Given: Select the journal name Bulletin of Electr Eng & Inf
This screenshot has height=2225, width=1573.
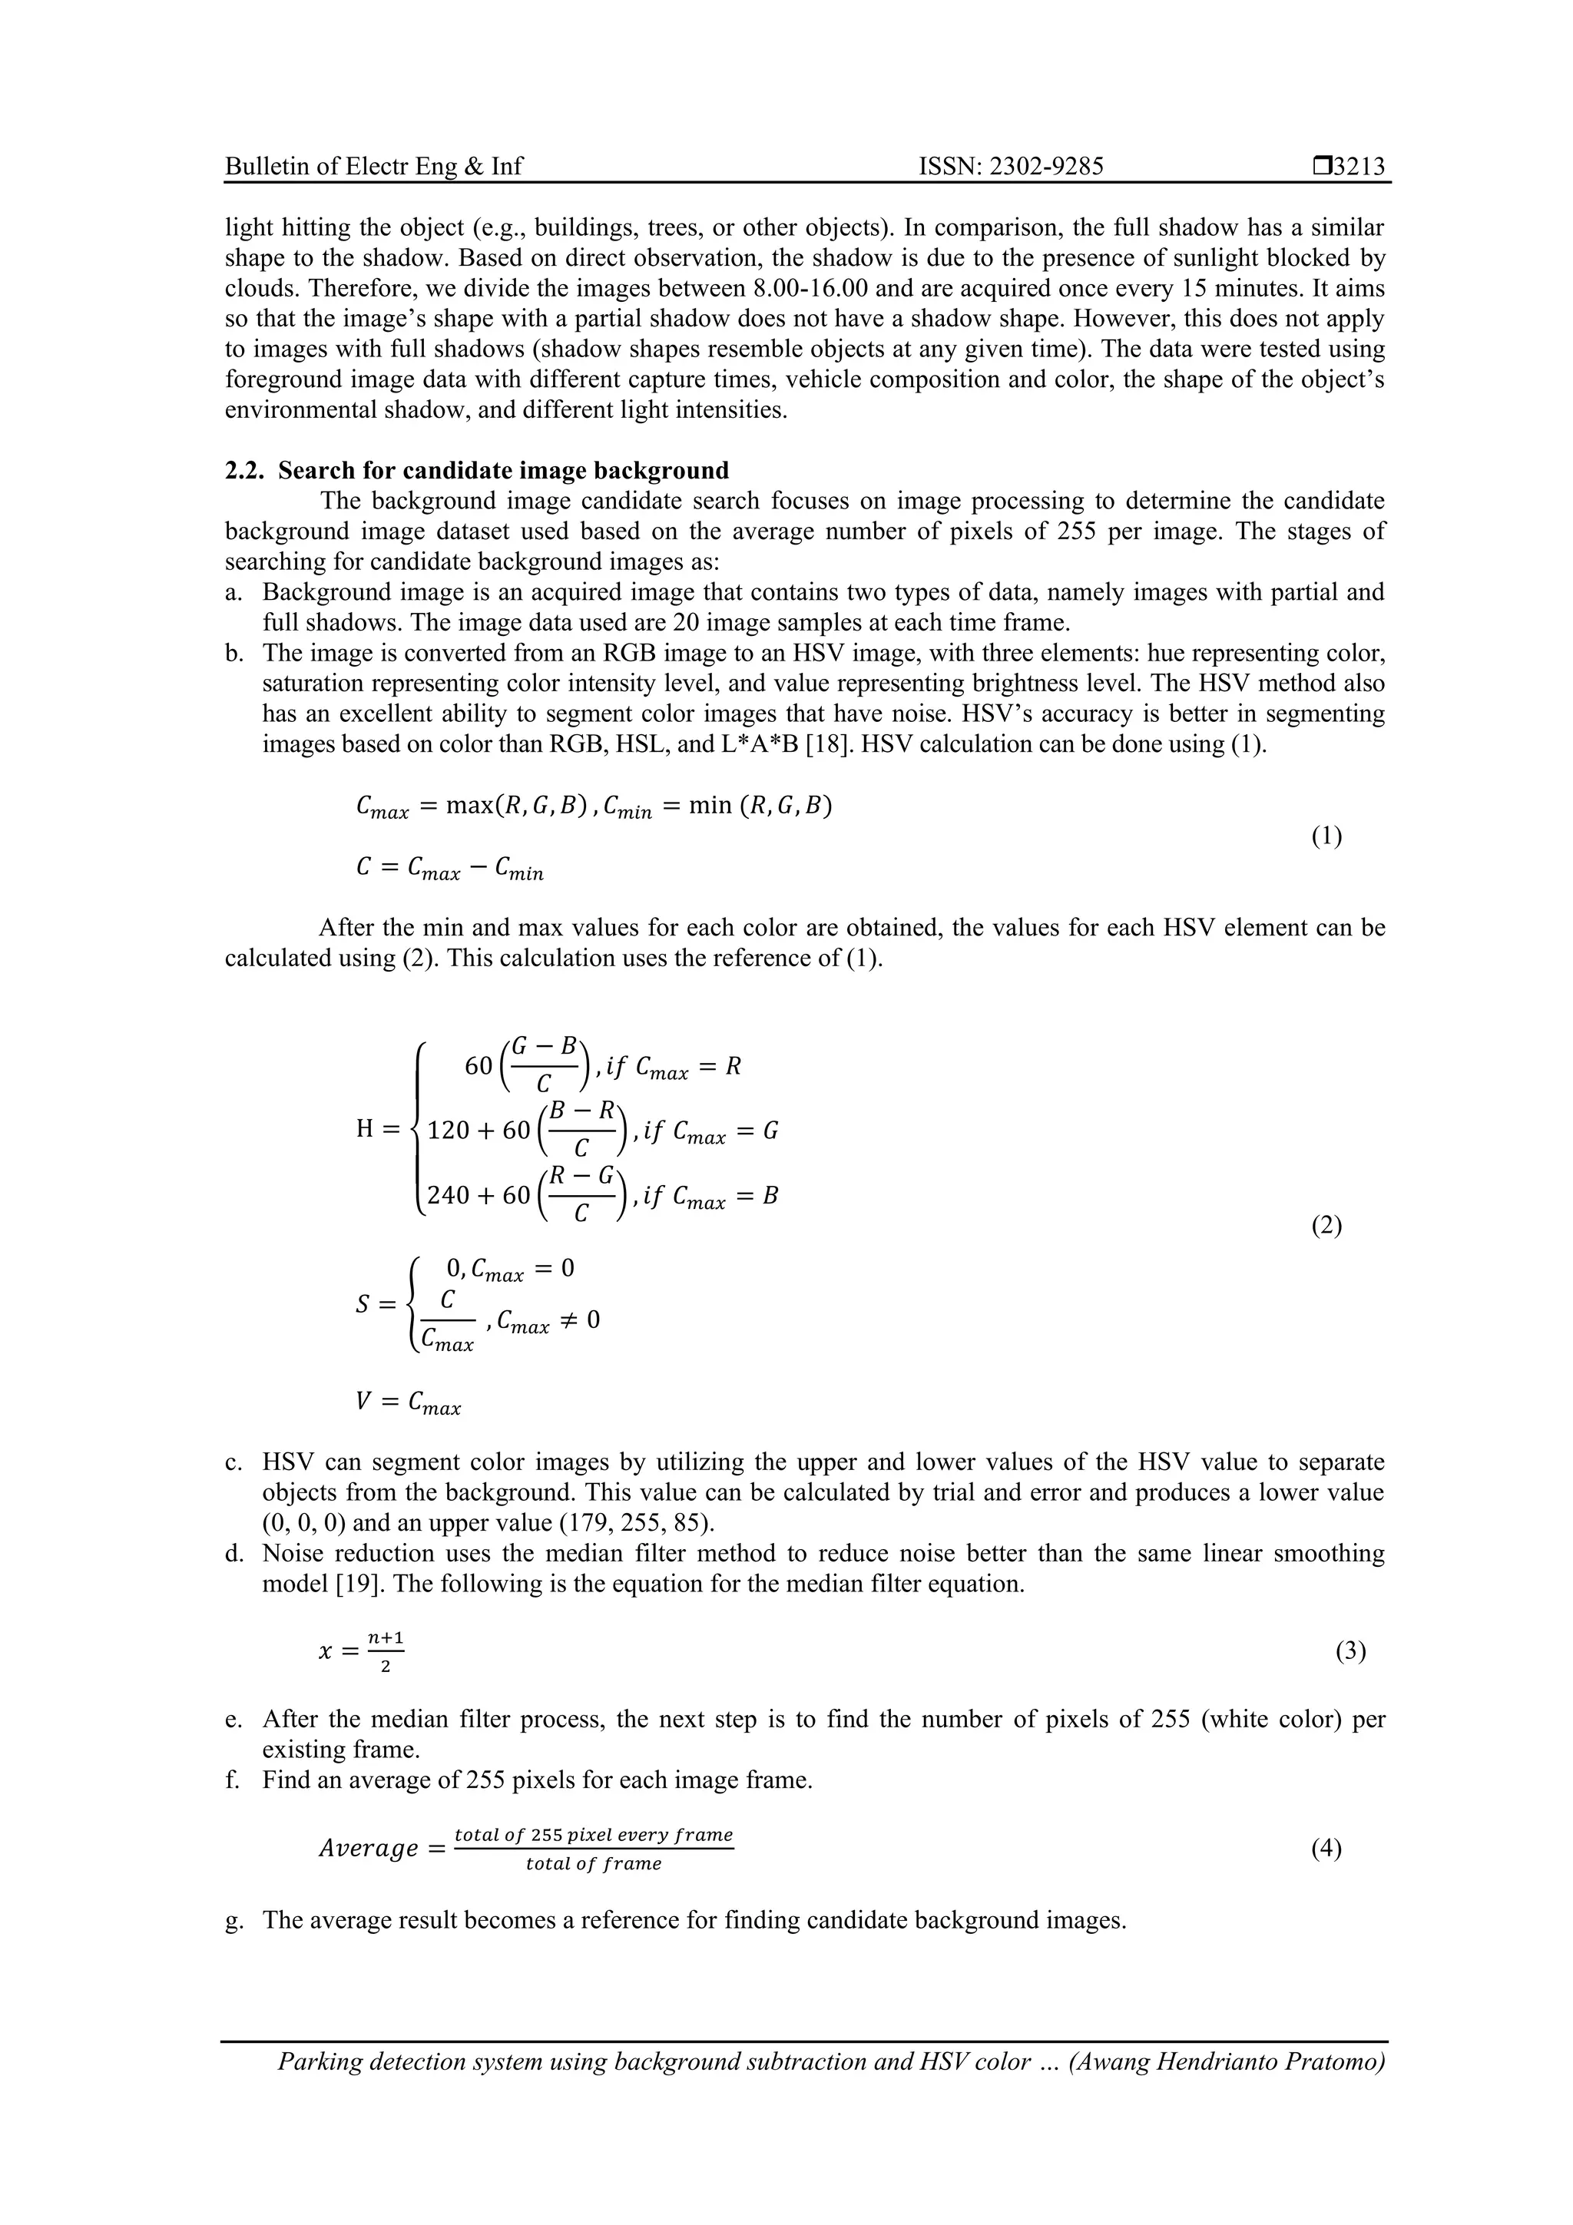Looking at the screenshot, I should point(373,167).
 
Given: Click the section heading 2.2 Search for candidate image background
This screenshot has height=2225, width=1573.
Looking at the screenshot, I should point(477,471).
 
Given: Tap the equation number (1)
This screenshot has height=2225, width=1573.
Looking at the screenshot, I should point(1326,836).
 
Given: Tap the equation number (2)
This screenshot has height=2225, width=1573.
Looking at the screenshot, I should point(1326,1226).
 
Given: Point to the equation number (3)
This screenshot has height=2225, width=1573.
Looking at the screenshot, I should point(1350,1651).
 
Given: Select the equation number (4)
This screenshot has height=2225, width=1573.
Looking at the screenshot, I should point(1326,1849).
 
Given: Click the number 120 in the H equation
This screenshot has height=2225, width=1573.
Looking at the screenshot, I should point(448,1131).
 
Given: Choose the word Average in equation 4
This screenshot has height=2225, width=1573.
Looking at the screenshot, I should point(369,1849).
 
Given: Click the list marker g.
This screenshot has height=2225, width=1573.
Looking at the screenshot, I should point(233,1921).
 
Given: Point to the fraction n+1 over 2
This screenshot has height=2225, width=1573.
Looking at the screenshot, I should point(385,1651).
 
